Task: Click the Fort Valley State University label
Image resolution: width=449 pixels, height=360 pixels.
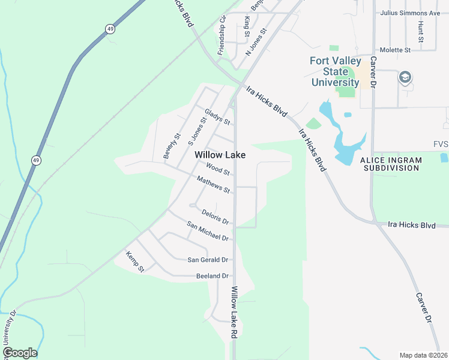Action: tap(336, 71)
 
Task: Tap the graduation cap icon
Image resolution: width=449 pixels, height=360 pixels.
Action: tap(405, 77)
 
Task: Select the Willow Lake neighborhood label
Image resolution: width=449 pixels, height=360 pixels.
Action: tap(220, 155)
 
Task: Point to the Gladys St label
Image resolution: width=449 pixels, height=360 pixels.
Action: tap(217, 116)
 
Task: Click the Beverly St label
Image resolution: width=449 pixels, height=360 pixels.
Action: tap(172, 146)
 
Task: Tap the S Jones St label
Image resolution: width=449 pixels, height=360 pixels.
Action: tap(197, 131)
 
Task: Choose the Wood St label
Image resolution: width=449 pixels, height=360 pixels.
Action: tap(218, 169)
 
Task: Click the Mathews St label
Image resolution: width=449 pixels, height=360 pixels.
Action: tap(214, 184)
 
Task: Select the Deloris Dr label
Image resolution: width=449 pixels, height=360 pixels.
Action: tap(216, 217)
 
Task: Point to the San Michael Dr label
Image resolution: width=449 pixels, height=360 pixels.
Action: tap(208, 231)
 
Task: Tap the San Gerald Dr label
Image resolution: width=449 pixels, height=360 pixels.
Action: tap(208, 260)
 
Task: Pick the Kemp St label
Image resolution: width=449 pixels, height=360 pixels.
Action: tap(135, 262)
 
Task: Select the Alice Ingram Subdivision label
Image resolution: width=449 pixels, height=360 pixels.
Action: tap(390, 164)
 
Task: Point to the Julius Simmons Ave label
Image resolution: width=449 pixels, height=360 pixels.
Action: tap(411, 13)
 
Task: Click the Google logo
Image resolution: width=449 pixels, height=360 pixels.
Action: tap(20, 353)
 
